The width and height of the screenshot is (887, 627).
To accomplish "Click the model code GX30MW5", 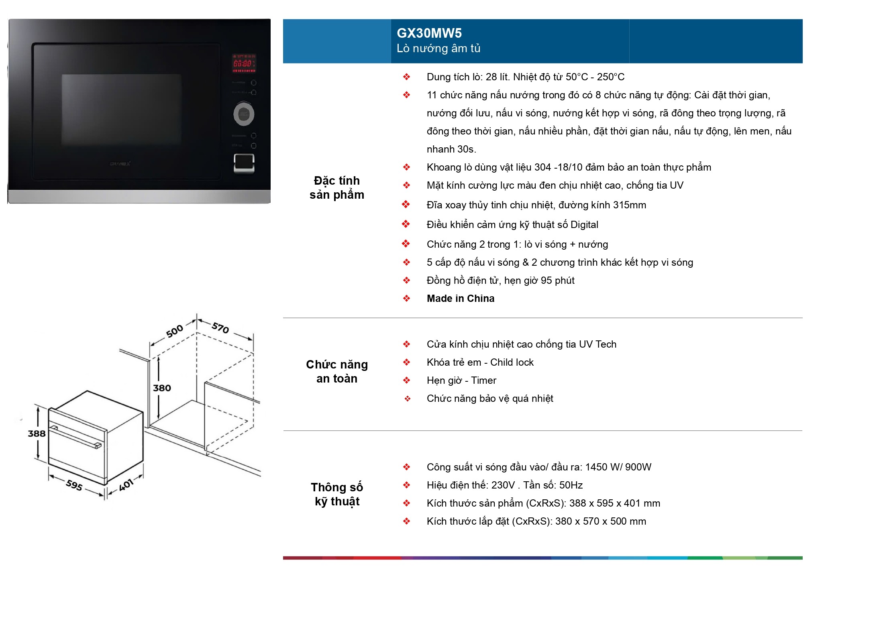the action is pyautogui.click(x=429, y=33).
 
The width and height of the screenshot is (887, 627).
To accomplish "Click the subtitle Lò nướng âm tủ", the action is pyautogui.click(x=438, y=49).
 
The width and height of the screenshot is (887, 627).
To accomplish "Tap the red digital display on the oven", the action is pyautogui.click(x=244, y=63).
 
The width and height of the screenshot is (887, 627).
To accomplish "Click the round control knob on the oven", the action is pyautogui.click(x=244, y=114).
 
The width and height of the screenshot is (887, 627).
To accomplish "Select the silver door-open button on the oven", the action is pyautogui.click(x=244, y=163).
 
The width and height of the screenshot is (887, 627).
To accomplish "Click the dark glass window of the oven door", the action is pyautogui.click(x=121, y=110).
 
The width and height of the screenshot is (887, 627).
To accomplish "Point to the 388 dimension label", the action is pyautogui.click(x=37, y=434).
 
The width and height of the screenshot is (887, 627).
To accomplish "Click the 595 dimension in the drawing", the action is pyautogui.click(x=74, y=485).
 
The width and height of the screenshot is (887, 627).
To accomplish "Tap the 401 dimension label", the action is pyautogui.click(x=126, y=485).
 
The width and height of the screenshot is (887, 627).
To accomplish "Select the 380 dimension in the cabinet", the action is pyautogui.click(x=162, y=388).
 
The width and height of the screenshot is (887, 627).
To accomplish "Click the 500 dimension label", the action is pyautogui.click(x=175, y=331).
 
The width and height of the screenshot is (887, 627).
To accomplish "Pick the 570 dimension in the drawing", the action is pyautogui.click(x=220, y=328).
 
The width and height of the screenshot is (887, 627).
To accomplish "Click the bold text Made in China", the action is pyautogui.click(x=461, y=299).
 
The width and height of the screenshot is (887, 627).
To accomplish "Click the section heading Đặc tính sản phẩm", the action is pyautogui.click(x=337, y=187).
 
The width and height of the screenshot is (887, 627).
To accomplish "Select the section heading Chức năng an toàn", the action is pyautogui.click(x=337, y=371).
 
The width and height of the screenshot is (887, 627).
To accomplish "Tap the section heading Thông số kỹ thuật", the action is pyautogui.click(x=337, y=494).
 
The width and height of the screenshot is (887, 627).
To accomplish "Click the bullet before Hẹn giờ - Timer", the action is pyautogui.click(x=406, y=380).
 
